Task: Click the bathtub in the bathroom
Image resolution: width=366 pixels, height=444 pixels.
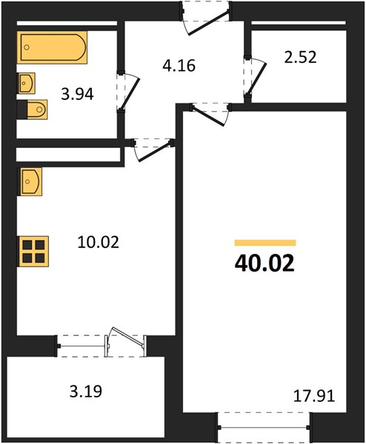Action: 52,47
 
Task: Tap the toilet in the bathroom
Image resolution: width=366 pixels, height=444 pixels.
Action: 33,110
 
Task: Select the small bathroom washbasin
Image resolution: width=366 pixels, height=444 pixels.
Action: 27,83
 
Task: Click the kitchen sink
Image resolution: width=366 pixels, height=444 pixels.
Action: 30,181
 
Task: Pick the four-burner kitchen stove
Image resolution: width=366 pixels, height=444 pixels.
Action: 33,251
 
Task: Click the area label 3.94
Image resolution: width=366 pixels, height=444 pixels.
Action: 77,94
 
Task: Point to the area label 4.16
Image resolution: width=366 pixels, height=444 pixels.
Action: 179,66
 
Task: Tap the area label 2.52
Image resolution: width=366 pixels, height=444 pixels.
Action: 300,57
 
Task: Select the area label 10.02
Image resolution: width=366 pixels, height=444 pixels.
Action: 98,243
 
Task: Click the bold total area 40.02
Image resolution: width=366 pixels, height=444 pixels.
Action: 264,263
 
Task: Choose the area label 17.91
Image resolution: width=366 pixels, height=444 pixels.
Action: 314,396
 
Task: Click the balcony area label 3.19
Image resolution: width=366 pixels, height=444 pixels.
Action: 86,391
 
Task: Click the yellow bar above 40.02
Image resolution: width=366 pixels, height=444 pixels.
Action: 265,243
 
